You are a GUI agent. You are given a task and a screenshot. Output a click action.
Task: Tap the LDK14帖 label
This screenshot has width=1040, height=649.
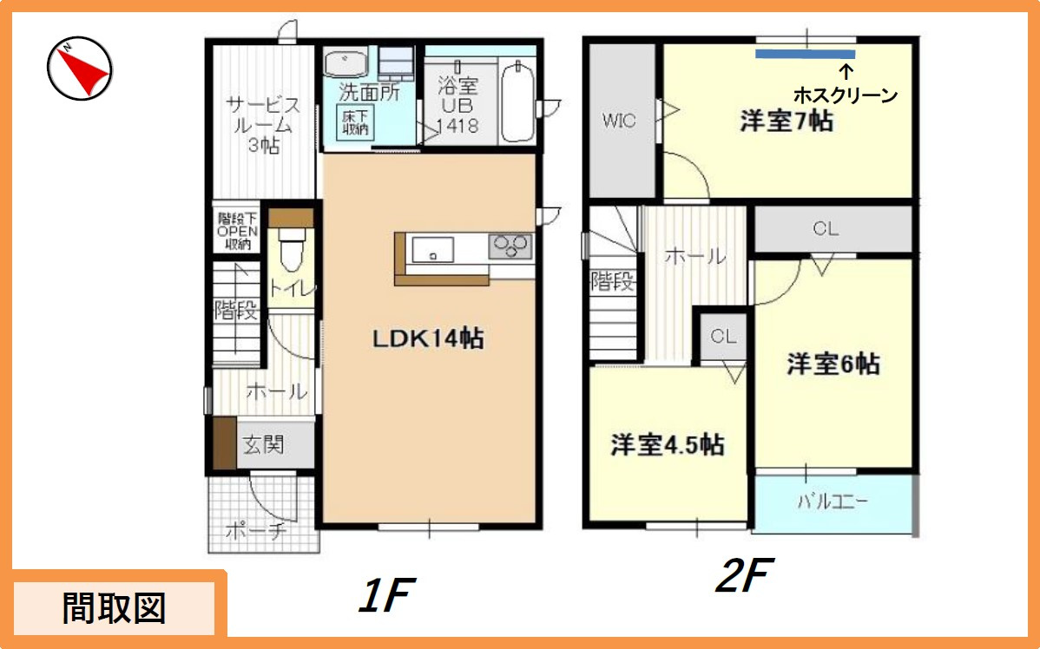pyautogui.click(x=428, y=338)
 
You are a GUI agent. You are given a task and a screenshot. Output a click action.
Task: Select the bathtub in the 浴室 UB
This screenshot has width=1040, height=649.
pyautogui.click(x=518, y=100)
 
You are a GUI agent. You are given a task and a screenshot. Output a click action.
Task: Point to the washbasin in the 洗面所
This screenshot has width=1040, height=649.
pyautogui.click(x=346, y=63)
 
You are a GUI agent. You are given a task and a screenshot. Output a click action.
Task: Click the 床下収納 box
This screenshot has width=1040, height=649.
pyautogui.click(x=355, y=122)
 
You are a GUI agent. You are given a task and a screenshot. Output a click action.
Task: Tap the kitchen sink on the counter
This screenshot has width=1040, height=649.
pyautogui.click(x=432, y=250)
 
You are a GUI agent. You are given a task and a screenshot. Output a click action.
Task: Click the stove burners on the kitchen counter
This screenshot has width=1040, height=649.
pyautogui.click(x=510, y=247)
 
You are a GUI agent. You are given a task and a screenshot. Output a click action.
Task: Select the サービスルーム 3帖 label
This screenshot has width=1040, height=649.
pyautogui.click(x=263, y=125)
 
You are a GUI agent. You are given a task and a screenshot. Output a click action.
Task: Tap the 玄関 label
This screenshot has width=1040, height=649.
pyautogui.click(x=263, y=444)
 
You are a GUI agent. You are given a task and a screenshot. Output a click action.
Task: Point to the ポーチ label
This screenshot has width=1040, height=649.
pyautogui.click(x=256, y=530)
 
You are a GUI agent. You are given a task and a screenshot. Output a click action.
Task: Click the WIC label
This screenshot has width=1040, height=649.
pyautogui.click(x=619, y=121)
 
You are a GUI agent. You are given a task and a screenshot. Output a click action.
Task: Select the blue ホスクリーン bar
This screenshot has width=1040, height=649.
pyautogui.click(x=806, y=55)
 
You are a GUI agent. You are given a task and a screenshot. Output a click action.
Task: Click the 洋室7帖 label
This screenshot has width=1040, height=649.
pyautogui.click(x=787, y=121)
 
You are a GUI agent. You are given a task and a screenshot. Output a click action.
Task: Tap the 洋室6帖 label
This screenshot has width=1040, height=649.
pyautogui.click(x=833, y=364)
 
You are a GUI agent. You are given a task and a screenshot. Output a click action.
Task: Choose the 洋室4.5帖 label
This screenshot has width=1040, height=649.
pyautogui.click(x=668, y=445)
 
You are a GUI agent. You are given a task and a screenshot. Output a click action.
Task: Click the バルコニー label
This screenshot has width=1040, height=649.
pyautogui.click(x=833, y=501)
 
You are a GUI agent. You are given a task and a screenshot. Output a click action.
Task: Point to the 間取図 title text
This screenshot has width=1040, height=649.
pyautogui.click(x=114, y=608)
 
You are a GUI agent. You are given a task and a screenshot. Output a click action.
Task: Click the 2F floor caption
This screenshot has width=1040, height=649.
pyautogui.click(x=744, y=575)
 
